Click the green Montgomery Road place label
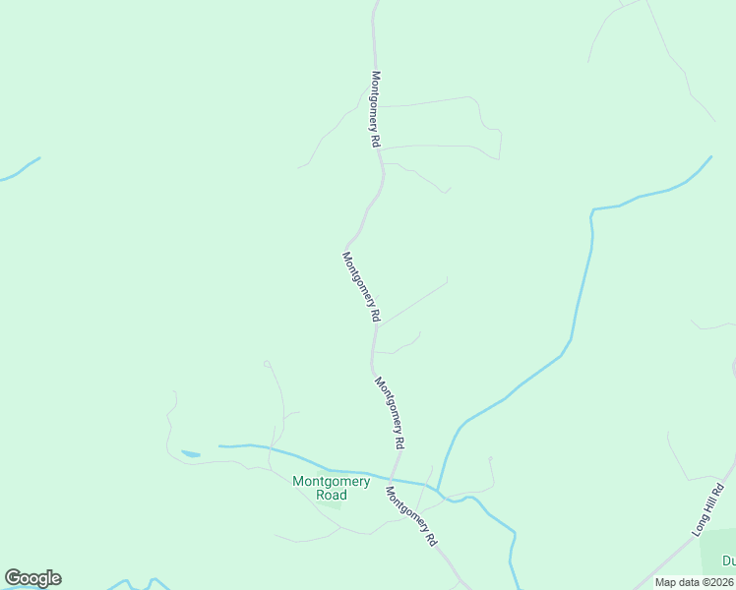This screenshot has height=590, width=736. [x=332, y=488]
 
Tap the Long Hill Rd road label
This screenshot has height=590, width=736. [x=711, y=508]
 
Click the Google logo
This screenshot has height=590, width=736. [x=32, y=578]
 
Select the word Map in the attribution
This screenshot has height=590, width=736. [x=667, y=582]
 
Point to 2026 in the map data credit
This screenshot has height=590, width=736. [x=719, y=582]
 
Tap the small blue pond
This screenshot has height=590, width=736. [x=191, y=454]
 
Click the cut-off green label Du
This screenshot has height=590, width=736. [x=729, y=561]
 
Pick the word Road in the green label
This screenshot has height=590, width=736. [x=332, y=496]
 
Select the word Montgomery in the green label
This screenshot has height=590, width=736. [x=332, y=481]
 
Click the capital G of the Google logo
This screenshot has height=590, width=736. [x=13, y=578]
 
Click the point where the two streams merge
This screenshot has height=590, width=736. [x=438, y=490]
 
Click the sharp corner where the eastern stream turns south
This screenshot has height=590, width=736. [x=592, y=210]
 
